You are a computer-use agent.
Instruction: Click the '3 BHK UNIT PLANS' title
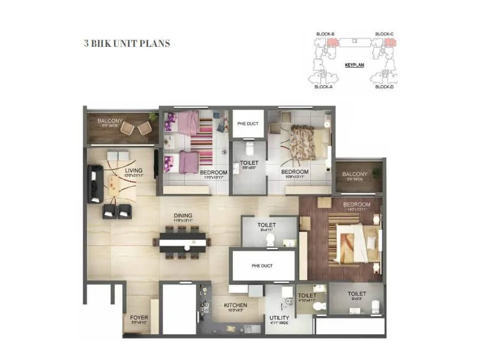pyautogui.click(x=127, y=44)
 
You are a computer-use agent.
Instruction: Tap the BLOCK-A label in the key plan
pyautogui.click(x=323, y=87)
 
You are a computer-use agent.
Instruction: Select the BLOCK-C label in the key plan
pyautogui.click(x=384, y=34)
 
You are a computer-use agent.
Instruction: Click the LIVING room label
pyautogui.click(x=134, y=171)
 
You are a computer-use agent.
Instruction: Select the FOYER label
pyautogui.click(x=139, y=318)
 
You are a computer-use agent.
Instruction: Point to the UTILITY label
pyautogui.click(x=279, y=318)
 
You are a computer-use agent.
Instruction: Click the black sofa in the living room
pyautogui.click(x=95, y=184)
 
